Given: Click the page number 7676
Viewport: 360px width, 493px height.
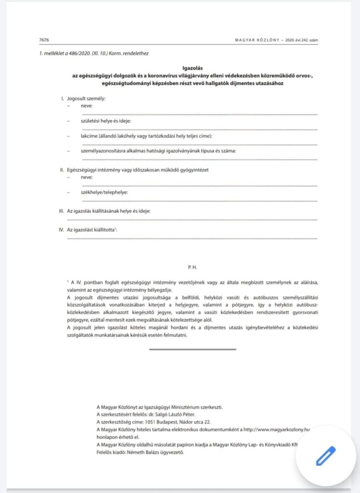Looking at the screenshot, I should click(x=44, y=40).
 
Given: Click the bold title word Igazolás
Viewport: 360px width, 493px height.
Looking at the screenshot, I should click(x=180, y=69).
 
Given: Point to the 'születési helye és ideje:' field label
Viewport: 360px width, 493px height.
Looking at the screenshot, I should click(x=106, y=121).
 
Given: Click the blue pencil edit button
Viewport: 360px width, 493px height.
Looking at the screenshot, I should click(x=326, y=456).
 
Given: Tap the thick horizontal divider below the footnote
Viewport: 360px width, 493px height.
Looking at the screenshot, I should click(x=193, y=349).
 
